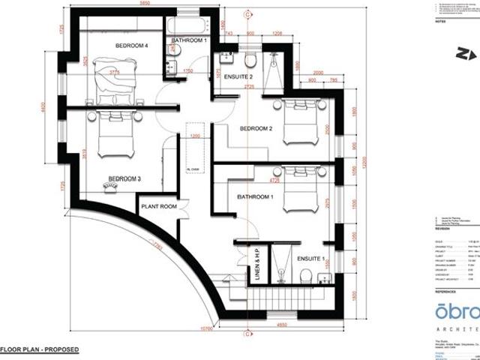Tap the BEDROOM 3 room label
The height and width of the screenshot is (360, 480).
click(124, 178)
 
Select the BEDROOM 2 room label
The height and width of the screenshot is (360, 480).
click(255, 128)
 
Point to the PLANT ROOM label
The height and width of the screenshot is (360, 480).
click(157, 206)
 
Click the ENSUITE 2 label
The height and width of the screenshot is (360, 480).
click(230, 76)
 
